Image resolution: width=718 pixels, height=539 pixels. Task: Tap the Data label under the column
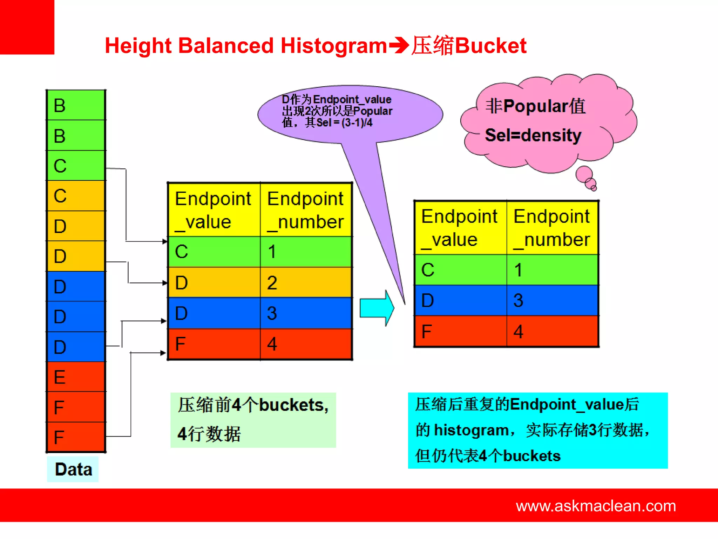click(73, 469)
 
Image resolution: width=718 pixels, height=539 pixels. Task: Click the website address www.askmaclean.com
click(596, 506)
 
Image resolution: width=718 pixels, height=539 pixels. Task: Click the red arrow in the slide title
click(399, 46)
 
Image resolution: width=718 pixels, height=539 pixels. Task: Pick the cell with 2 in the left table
click(306, 282)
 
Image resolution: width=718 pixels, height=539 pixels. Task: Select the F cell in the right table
click(460, 331)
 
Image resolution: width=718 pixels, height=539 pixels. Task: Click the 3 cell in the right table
click(552, 300)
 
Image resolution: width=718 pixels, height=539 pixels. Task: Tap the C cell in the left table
click(214, 252)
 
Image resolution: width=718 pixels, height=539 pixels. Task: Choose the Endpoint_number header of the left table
click(306, 210)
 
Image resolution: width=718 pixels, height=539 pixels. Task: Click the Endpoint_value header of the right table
click(460, 228)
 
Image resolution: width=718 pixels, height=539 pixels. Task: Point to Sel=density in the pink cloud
click(533, 135)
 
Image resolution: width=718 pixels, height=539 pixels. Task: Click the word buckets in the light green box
click(291, 405)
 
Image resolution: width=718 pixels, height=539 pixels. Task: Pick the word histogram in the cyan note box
click(471, 430)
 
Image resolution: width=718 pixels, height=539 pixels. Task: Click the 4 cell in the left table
click(306, 344)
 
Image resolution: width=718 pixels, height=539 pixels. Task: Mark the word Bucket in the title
click(491, 46)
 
